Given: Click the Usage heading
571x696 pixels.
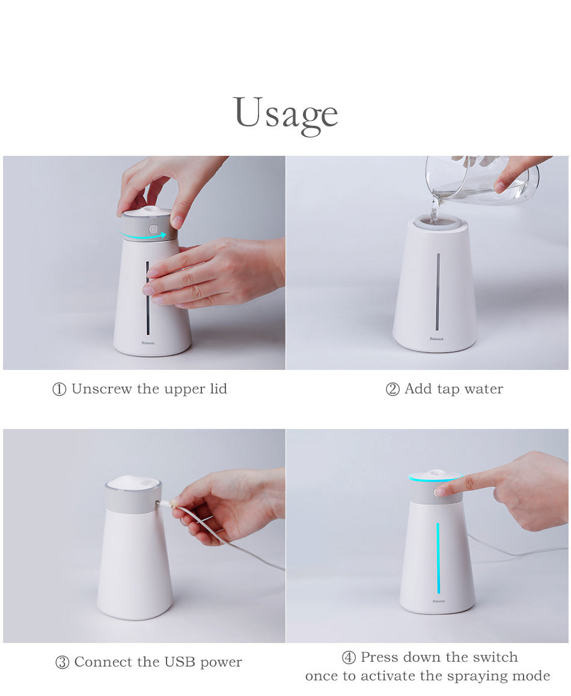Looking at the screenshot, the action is pos(285,115).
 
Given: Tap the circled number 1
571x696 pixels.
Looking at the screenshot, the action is pos(60,389).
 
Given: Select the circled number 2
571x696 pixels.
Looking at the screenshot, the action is pos(392,389).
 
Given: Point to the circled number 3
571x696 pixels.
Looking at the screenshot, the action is pos(62,662).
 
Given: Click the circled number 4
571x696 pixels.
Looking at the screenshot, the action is pos(349,658).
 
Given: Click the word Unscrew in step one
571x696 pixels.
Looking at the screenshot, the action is pos(102,389).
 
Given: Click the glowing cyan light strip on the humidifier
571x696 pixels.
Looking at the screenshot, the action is pos(438,558).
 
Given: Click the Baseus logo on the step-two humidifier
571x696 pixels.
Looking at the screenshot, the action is pos(436,339).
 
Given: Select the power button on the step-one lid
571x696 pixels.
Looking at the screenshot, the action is pos(153,229).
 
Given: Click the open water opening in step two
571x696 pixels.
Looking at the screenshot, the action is pos(436,221).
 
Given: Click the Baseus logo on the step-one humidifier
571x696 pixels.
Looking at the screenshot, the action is pos(148,343).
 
